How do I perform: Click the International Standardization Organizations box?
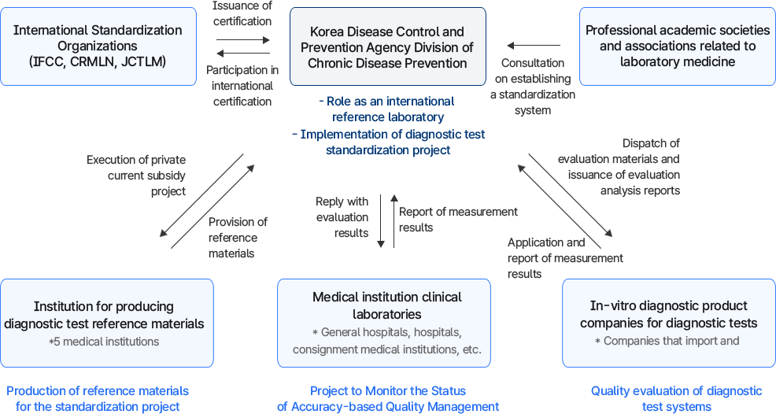98,46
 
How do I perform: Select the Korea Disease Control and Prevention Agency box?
387,46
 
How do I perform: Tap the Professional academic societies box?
677,46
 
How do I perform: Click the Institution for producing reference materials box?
107,323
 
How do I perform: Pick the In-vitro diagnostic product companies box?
668,323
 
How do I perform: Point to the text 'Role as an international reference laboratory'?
386,109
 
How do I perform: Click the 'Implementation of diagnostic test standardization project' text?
388,142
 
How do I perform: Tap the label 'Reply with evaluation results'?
342,217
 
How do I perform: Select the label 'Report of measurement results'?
457,219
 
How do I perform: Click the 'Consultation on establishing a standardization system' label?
533,87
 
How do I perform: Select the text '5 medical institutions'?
103,342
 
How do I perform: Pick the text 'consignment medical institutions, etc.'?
386,349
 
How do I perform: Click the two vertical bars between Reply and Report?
387,221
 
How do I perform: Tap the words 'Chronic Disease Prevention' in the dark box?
387,63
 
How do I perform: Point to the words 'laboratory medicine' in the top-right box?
677,61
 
